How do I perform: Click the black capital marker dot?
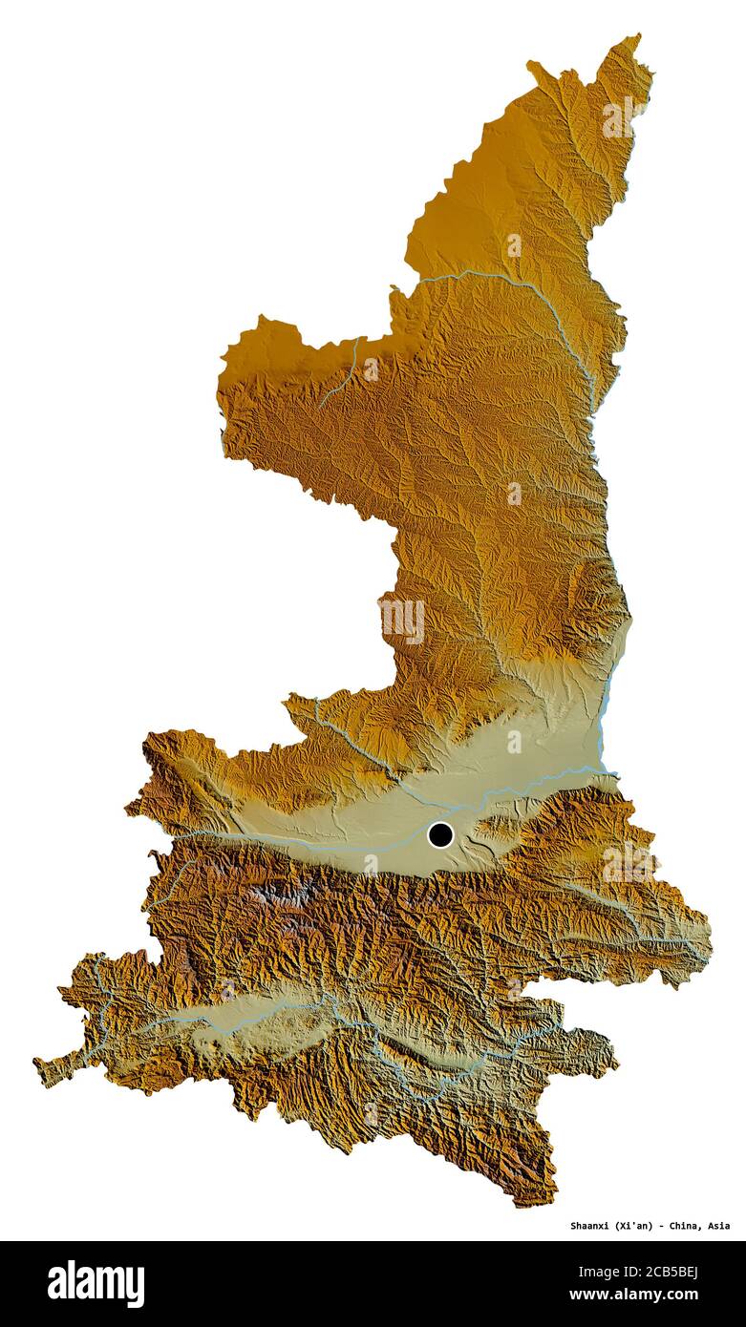point(439,834)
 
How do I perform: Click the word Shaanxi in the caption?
point(593,1226)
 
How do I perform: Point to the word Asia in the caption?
point(718,1226)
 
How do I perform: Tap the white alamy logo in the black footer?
point(96,1283)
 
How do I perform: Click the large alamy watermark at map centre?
point(402,621)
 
